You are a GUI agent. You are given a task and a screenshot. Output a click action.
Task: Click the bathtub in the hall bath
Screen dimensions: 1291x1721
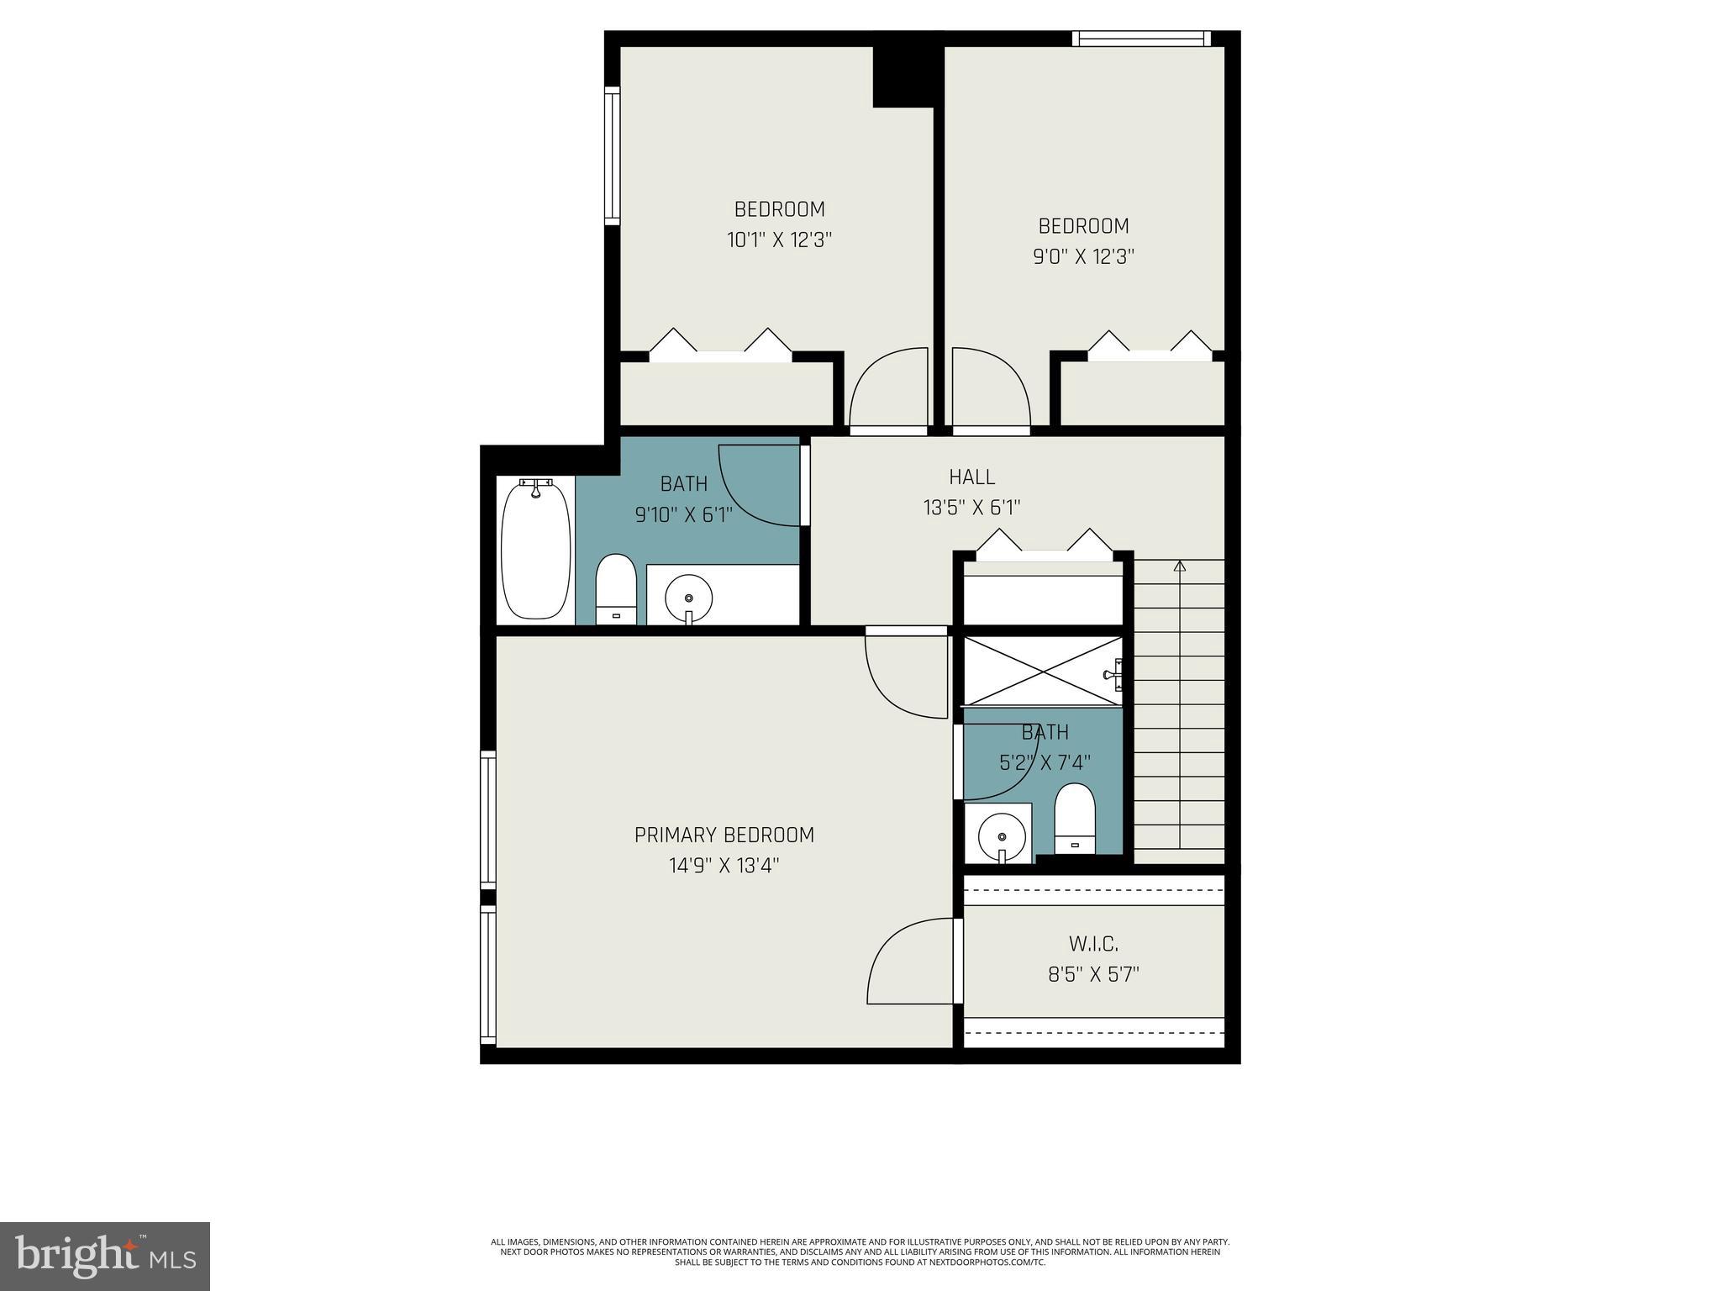pyautogui.click(x=535, y=551)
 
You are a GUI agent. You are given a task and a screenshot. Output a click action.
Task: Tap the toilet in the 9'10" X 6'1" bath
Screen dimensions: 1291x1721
pyautogui.click(x=615, y=588)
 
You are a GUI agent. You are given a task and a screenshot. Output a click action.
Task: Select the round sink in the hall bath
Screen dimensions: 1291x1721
pyautogui.click(x=688, y=598)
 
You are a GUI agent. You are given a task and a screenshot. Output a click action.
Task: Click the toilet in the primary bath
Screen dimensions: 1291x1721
pyautogui.click(x=1075, y=818)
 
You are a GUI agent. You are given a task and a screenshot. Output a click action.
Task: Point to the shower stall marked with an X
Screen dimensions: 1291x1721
pyautogui.click(x=1042, y=671)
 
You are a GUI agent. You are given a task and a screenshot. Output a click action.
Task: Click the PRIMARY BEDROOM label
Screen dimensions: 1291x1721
pyautogui.click(x=724, y=835)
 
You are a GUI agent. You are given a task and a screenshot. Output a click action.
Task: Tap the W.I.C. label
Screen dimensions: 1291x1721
pyautogui.click(x=1092, y=945)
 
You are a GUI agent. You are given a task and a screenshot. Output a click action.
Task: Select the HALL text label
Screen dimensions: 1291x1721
pyautogui.click(x=971, y=477)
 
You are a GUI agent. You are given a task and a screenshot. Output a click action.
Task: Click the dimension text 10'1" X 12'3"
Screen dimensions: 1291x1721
pyautogui.click(x=779, y=240)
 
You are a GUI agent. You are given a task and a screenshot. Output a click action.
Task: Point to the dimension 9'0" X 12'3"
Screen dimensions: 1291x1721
pyautogui.click(x=1083, y=256)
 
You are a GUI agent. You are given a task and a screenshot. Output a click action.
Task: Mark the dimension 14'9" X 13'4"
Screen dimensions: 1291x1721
pyautogui.click(x=724, y=865)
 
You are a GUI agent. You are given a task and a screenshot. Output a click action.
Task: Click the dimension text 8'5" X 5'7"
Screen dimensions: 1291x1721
pyautogui.click(x=1092, y=975)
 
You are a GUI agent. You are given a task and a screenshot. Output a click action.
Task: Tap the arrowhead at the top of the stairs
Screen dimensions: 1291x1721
pyautogui.click(x=1179, y=566)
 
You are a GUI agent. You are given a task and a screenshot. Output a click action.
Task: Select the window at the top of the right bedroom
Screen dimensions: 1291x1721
pyautogui.click(x=1140, y=38)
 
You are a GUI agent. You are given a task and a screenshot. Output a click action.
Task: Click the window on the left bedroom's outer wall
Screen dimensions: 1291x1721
pyautogui.click(x=613, y=155)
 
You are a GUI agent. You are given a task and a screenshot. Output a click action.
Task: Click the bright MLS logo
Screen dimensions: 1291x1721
pyautogui.click(x=105, y=1255)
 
